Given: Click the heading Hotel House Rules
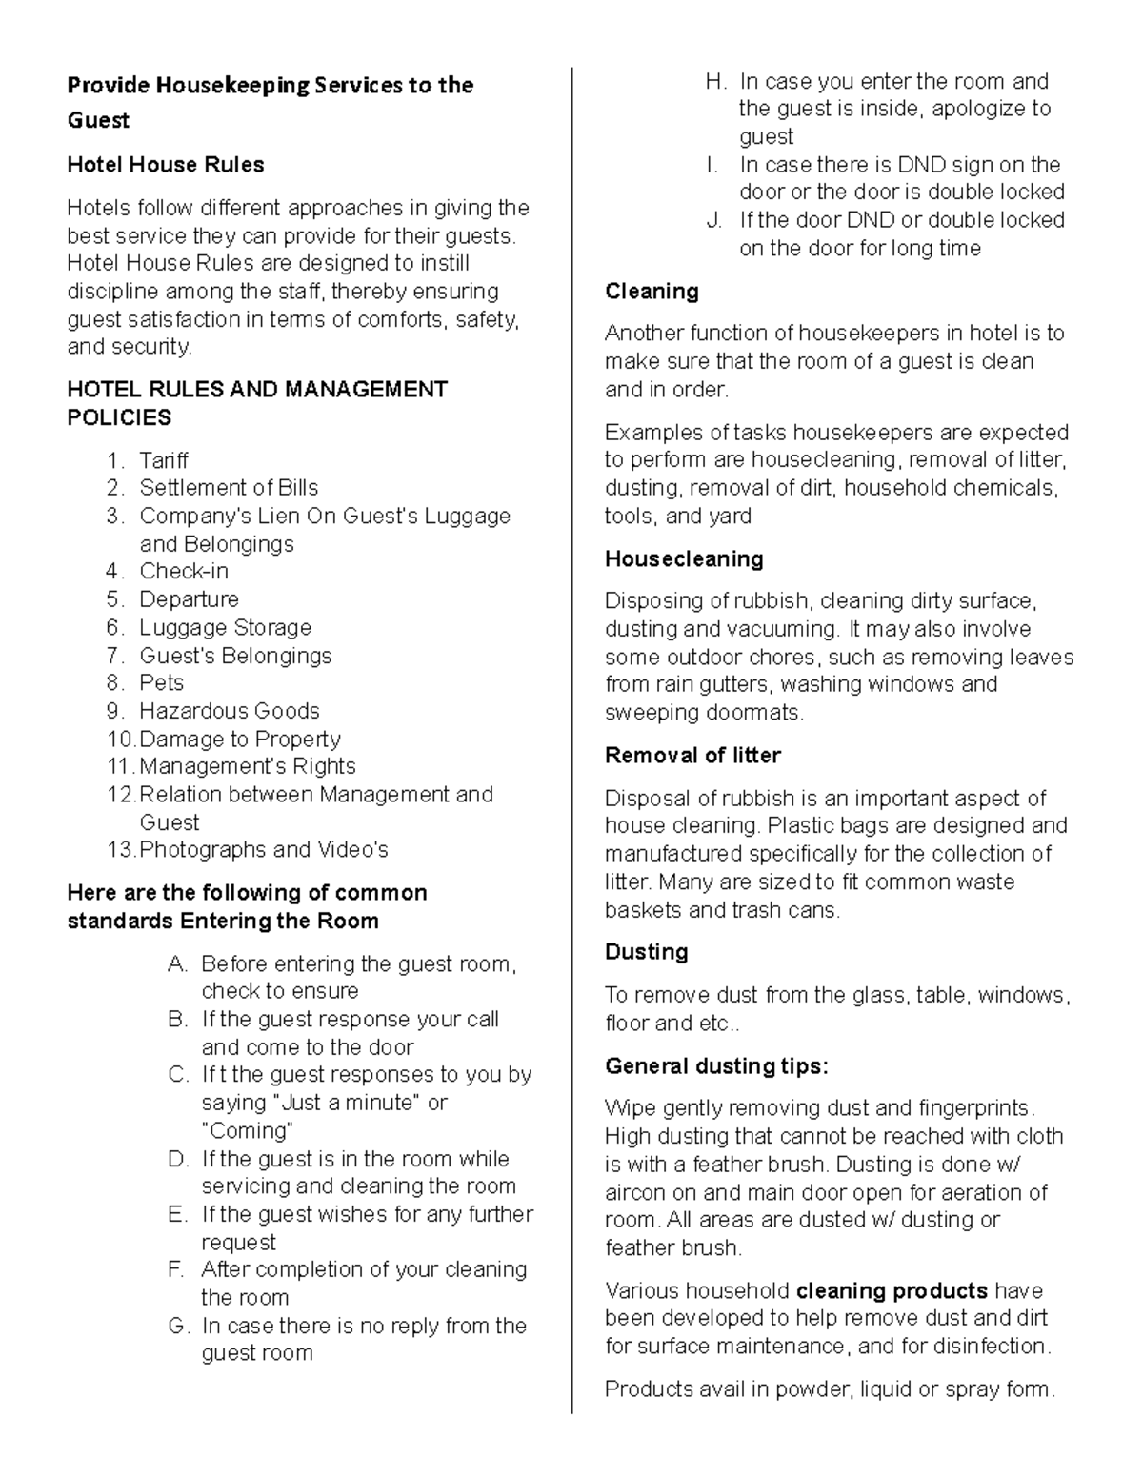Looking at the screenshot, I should (166, 165).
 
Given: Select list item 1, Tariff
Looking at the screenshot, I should (163, 460).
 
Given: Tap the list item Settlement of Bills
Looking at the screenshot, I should (229, 488).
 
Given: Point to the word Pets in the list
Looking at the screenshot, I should (161, 683).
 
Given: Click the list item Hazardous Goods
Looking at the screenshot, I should (229, 711).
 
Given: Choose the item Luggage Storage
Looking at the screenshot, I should (225, 628).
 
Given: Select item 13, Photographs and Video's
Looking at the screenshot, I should (263, 850).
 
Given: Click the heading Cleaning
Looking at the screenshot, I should (652, 292).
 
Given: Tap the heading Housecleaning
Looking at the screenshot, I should (684, 559).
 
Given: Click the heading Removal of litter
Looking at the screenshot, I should (692, 756).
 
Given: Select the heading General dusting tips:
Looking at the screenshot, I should (716, 1066).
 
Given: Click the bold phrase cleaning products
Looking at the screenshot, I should (892, 1291).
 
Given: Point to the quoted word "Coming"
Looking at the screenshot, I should (248, 1131).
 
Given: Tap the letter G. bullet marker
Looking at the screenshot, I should (178, 1327).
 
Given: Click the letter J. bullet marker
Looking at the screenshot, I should (714, 221).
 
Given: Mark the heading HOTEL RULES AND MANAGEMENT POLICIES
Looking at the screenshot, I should (256, 403).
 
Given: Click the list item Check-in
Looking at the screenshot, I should (184, 572).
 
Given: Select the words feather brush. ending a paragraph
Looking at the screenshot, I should (672, 1248).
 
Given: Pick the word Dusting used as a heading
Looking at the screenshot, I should (646, 952).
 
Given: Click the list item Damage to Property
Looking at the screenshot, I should (239, 740).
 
